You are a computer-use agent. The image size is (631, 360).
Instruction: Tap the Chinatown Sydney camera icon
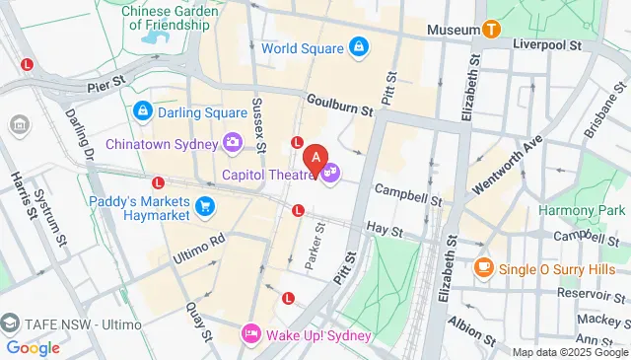point(233,143)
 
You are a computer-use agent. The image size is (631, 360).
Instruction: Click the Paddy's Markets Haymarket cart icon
point(205,205)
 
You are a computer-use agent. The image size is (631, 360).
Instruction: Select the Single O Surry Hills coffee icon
point(483,266)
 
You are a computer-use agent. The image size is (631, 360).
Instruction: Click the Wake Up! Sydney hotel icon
point(251,335)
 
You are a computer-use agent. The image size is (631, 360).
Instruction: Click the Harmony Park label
point(582,210)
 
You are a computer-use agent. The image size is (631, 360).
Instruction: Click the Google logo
point(33,347)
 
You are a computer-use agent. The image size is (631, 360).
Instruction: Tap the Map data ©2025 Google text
point(569,352)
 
